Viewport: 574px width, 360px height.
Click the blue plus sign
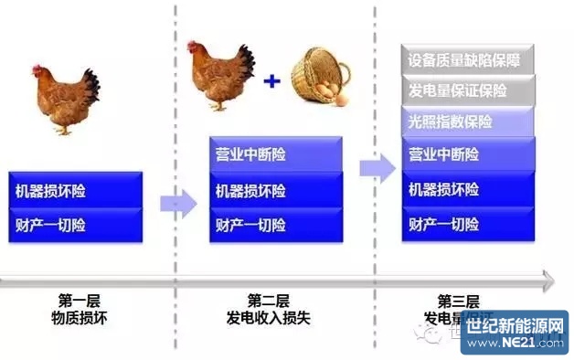pyautogui.click(x=271, y=81)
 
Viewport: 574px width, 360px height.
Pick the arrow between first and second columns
pyautogui.click(x=178, y=203)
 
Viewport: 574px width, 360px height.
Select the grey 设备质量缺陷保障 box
pyautogui.click(x=469, y=61)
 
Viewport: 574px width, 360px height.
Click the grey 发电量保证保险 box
pyautogui.click(x=469, y=91)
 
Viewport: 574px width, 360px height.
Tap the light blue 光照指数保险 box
pyautogui.click(x=469, y=122)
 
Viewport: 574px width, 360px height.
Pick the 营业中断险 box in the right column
pyautogui.click(x=469, y=153)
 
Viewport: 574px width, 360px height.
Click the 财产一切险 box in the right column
pyautogui.click(x=469, y=225)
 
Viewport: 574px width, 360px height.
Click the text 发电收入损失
pyautogui.click(x=269, y=317)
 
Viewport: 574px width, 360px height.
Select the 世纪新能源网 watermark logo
pyautogui.click(x=515, y=333)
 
